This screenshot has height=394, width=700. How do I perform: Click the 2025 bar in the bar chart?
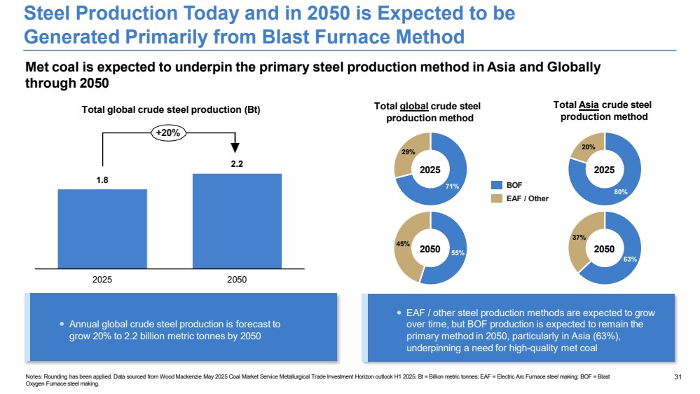pyautogui.click(x=102, y=229)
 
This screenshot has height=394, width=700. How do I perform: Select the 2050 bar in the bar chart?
pyautogui.click(x=237, y=221)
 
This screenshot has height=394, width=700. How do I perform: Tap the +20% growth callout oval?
pyautogui.click(x=168, y=133)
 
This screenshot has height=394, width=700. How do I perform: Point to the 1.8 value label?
pyautogui.click(x=102, y=180)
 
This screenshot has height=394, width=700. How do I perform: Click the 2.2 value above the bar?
pyautogui.click(x=237, y=164)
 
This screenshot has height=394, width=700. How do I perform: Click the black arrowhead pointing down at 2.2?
pyautogui.click(x=235, y=148)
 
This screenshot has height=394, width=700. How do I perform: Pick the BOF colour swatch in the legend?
pyautogui.click(x=496, y=185)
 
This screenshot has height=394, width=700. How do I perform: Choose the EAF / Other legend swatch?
pyautogui.click(x=496, y=198)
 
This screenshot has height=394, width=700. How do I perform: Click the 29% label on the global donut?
pyautogui.click(x=408, y=152)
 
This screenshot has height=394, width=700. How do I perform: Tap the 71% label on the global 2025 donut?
pyautogui.click(x=452, y=186)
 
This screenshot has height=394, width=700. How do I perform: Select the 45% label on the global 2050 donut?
pyautogui.click(x=403, y=244)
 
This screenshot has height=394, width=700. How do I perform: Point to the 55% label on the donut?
pyautogui.click(x=458, y=253)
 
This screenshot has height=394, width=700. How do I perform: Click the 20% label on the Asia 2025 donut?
pyautogui.click(x=589, y=147)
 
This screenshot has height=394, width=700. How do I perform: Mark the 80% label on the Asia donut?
pyautogui.click(x=621, y=192)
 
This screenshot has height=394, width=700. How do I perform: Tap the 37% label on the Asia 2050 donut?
pyautogui.click(x=579, y=238)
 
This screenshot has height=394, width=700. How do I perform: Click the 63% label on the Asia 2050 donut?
pyautogui.click(x=630, y=259)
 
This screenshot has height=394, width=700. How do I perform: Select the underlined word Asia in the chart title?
pyautogui.click(x=589, y=105)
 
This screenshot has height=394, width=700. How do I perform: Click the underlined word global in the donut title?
pyautogui.click(x=414, y=107)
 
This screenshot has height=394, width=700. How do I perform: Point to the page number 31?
pyautogui.click(x=678, y=377)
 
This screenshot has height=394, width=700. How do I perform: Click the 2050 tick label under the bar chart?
pyautogui.click(x=237, y=280)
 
